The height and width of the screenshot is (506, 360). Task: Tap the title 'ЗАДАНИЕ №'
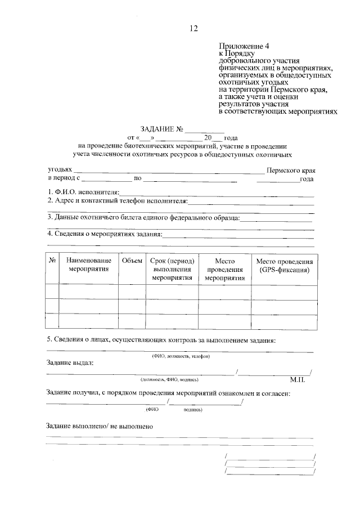159,129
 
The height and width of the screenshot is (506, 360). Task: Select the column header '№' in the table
52,261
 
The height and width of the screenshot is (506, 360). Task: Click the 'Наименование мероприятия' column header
88,265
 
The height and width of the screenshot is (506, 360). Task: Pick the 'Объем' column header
132,261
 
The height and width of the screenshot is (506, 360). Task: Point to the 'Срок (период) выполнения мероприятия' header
172,269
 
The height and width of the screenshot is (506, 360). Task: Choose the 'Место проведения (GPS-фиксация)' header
284,265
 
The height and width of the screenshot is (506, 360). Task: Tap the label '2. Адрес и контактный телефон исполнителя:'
117,201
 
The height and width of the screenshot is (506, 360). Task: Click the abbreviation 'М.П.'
297,380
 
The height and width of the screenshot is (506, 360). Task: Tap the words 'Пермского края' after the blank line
291,169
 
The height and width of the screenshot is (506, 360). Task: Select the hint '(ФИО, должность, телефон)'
181,356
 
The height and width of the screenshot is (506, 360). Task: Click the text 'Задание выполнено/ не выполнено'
100,427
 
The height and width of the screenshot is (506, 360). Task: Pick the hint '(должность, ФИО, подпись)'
169,380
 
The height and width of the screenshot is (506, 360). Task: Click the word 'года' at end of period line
307,179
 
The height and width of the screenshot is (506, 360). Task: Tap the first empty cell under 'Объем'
132,291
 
